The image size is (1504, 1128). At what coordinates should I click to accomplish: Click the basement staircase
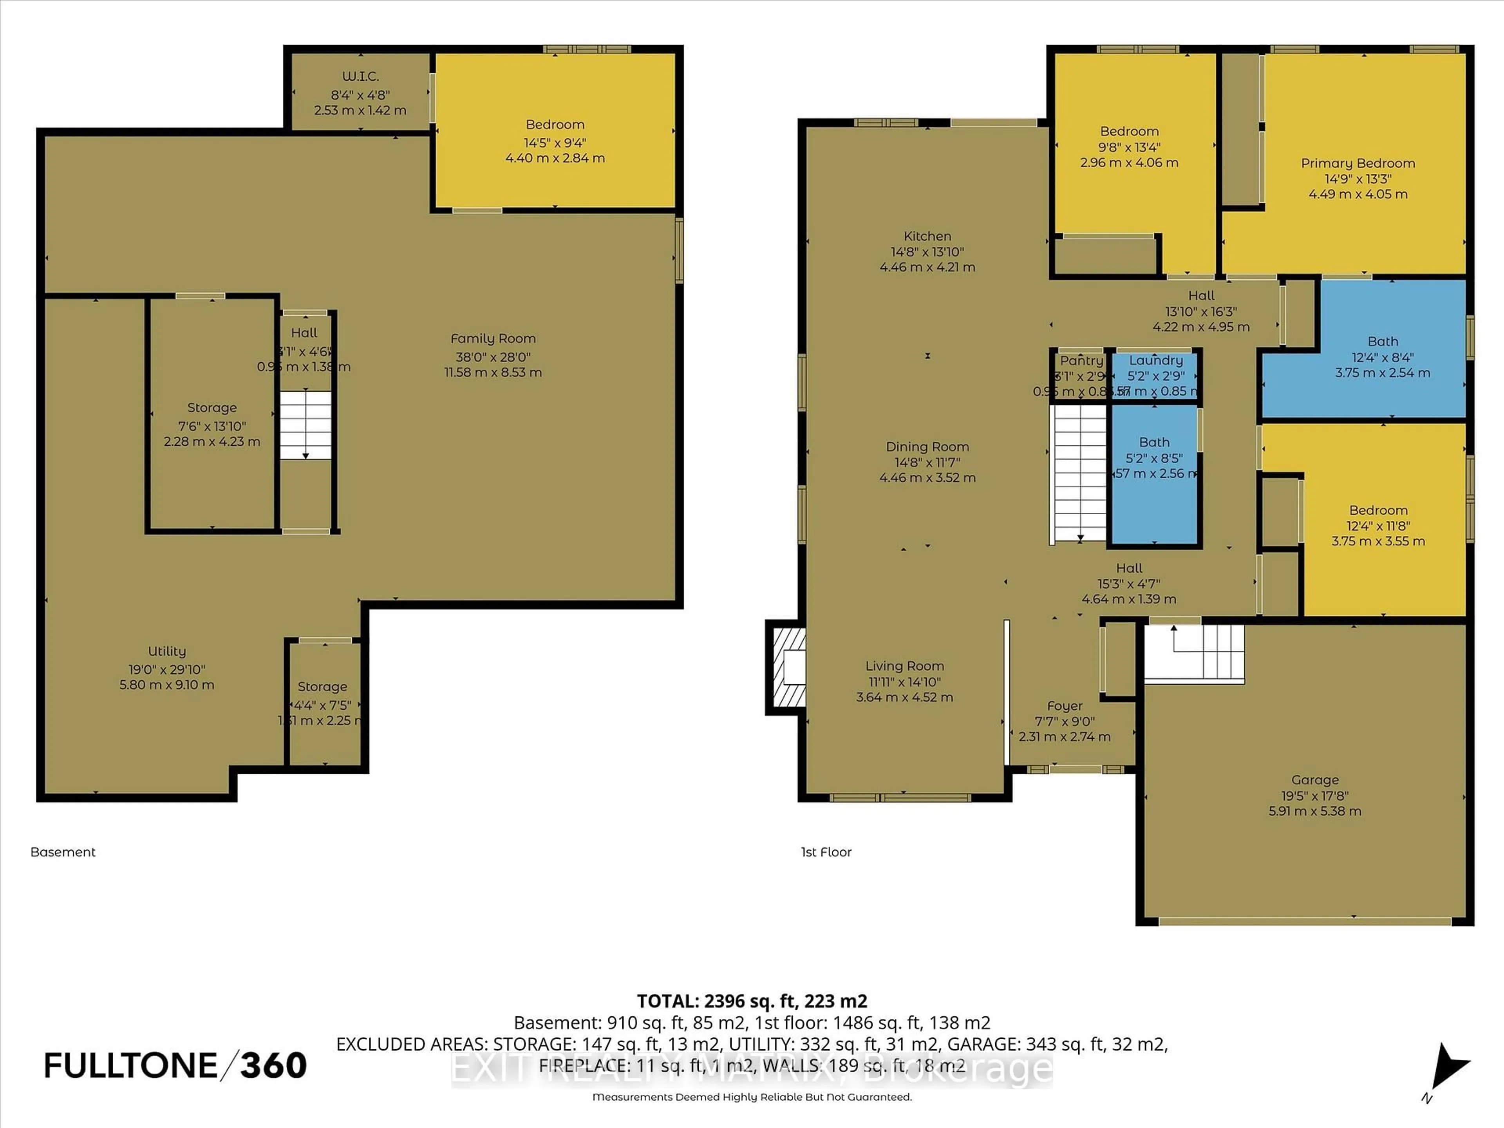305,425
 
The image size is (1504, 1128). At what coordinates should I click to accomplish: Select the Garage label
1314,780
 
